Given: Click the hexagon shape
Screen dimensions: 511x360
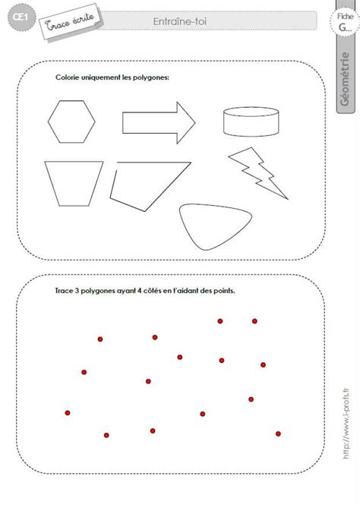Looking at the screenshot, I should coord(73,121).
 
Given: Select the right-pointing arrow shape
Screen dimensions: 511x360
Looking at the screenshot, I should coord(156,121).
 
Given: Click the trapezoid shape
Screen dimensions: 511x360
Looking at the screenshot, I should coord(73,183).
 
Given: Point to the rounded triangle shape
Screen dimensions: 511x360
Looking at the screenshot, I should coord(212,226).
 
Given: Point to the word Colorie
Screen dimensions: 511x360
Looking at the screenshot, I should coord(68,77).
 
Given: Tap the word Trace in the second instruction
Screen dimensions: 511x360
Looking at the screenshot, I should coord(66,289).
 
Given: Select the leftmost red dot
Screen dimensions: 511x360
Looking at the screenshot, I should coord(68,412).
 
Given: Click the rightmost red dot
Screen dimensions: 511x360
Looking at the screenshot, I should coord(279,433).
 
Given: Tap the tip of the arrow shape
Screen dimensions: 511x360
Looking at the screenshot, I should coord(195,121).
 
